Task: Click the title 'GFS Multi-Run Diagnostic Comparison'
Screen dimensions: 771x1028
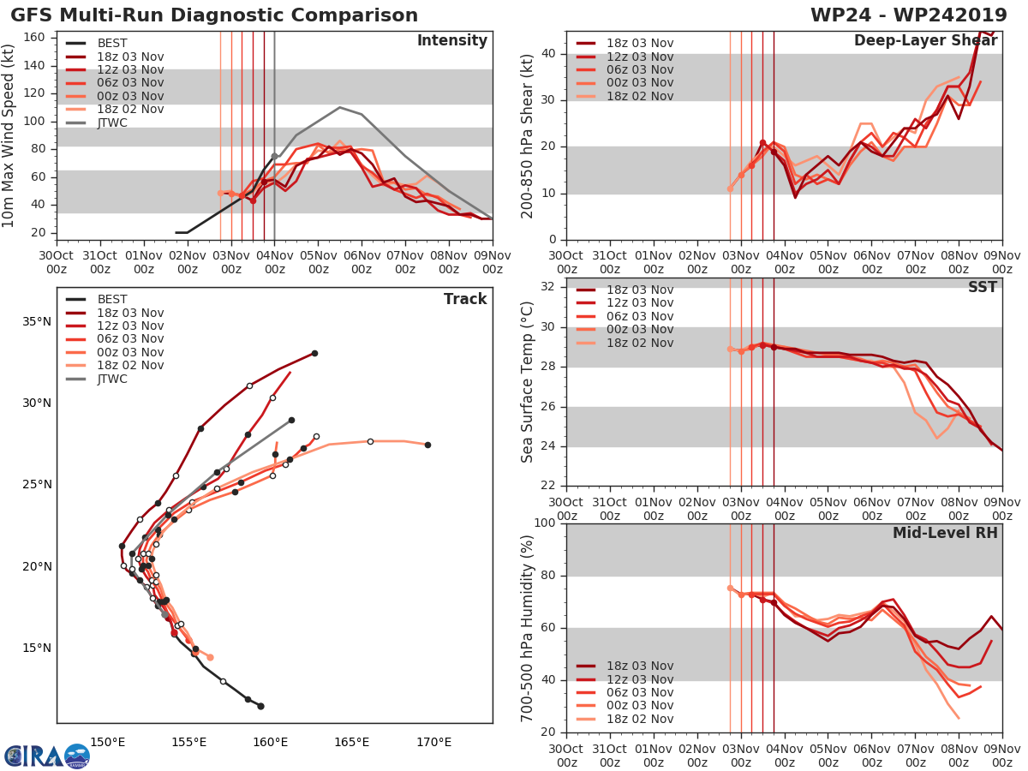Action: tap(214, 15)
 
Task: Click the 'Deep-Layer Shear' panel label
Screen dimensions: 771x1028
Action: tap(925, 41)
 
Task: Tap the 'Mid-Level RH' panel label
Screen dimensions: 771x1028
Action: tap(945, 533)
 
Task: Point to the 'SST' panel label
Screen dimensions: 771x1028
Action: tap(982, 287)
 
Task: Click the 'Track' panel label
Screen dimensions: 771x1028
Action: tap(464, 299)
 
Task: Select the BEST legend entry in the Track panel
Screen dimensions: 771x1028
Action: tap(112, 299)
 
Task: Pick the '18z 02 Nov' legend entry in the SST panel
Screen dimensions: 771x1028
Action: tap(639, 343)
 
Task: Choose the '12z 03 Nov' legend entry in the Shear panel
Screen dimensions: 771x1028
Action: tap(639, 57)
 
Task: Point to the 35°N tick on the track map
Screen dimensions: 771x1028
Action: tap(37, 322)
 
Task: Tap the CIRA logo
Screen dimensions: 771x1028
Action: tap(47, 755)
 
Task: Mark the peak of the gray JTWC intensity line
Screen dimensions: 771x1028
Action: tap(339, 107)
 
